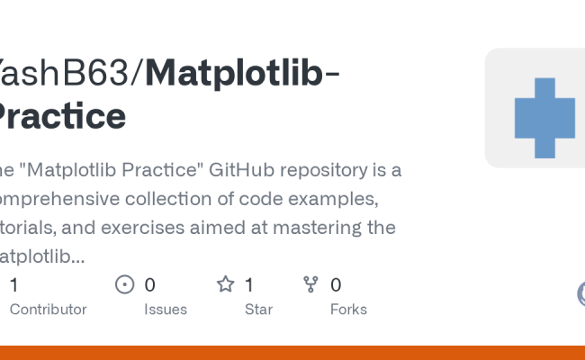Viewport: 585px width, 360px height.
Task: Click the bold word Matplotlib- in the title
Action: (242, 72)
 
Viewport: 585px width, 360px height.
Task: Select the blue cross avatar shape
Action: (544, 117)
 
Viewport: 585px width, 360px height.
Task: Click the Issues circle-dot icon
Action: (125, 285)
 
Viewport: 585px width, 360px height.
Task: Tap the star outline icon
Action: (225, 285)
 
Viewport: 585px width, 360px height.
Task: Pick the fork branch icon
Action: (311, 285)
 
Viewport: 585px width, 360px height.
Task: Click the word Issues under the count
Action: (166, 309)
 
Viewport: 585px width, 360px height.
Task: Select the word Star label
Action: (257, 309)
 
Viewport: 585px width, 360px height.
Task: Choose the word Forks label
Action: (348, 309)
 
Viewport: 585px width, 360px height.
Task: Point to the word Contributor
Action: (48, 309)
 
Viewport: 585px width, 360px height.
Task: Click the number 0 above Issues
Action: (150, 285)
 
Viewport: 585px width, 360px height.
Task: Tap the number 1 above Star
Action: (250, 285)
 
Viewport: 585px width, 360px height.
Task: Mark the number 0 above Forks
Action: (336, 285)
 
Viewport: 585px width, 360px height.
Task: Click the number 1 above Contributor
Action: (13, 285)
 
